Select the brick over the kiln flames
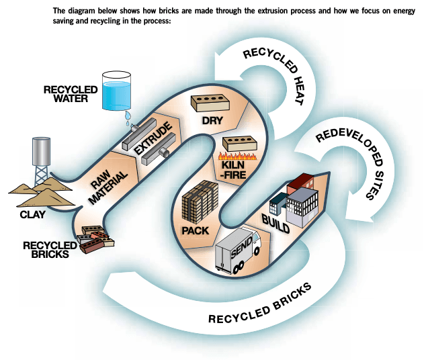(238, 144)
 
